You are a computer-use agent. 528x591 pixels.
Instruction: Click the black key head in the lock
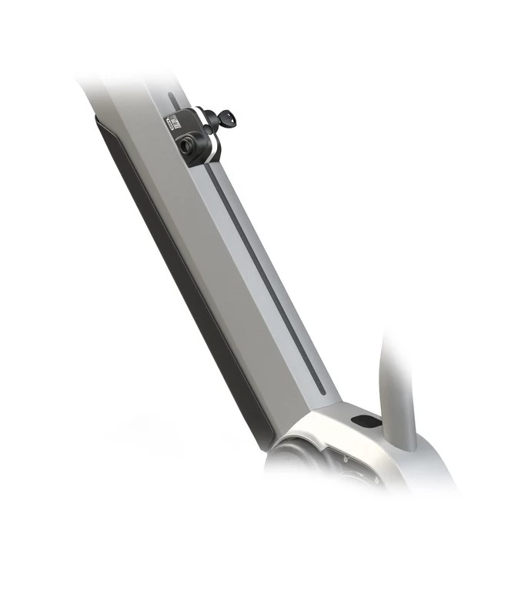click(x=226, y=118)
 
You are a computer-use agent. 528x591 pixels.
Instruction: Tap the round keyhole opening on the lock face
click(x=186, y=143)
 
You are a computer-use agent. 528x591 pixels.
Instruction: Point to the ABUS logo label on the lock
click(x=174, y=124)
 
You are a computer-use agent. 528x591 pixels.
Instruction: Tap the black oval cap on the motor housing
click(x=364, y=422)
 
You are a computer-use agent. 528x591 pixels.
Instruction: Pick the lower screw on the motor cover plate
click(x=355, y=472)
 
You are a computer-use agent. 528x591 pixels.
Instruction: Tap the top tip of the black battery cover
click(x=99, y=119)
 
